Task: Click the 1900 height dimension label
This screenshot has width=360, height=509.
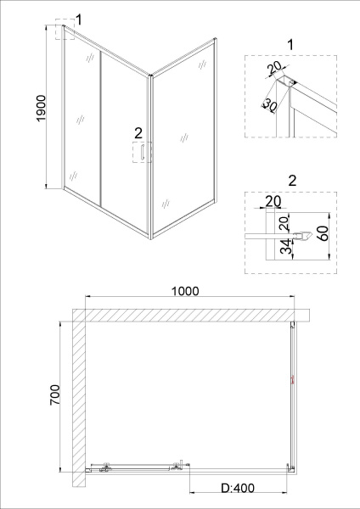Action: click(42, 108)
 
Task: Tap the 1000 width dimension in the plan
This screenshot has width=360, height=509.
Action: click(185, 291)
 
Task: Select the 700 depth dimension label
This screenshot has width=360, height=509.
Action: click(55, 394)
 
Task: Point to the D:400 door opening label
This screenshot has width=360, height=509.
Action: click(238, 488)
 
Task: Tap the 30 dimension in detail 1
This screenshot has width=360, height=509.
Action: click(270, 105)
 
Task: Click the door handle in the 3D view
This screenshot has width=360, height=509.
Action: click(143, 153)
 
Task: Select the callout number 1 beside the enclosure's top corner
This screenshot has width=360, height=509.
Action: click(78, 20)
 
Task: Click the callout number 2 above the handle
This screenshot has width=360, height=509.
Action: click(138, 133)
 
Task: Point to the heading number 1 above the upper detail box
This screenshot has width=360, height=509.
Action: click(290, 44)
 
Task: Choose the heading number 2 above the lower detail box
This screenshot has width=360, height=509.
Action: click(292, 181)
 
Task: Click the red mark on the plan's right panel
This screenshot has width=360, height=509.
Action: click(292, 379)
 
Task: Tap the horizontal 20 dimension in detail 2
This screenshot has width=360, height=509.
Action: click(273, 201)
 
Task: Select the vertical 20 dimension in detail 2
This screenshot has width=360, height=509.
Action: click(284, 224)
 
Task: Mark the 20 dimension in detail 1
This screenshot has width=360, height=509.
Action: click(274, 69)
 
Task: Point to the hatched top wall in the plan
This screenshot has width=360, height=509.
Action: click(191, 315)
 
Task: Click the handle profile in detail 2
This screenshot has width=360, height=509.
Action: click(303, 236)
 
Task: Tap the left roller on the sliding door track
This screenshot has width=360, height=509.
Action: click(105, 467)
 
